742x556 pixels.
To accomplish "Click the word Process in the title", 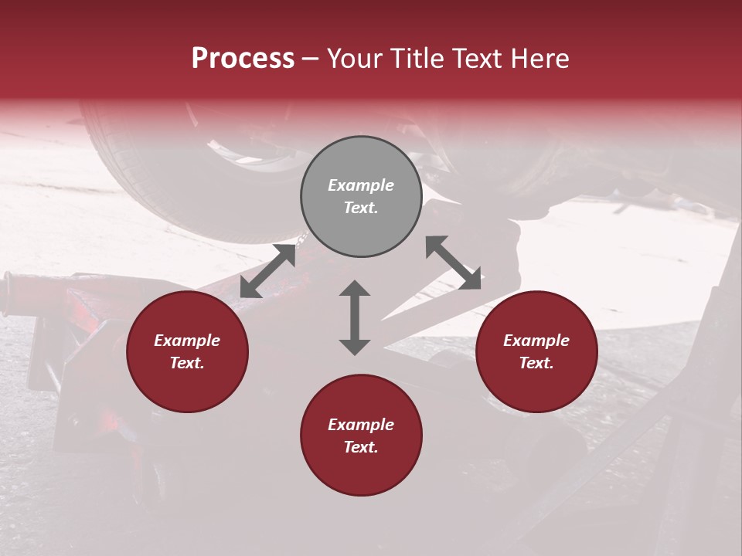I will tap(243, 59).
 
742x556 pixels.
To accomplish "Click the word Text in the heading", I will tap(477, 59).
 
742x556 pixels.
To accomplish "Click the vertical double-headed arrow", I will tap(355, 317).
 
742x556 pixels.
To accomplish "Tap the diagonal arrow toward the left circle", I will tap(268, 271).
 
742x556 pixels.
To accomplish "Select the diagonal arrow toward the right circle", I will tap(453, 263).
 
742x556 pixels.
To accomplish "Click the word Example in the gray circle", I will tap(361, 185).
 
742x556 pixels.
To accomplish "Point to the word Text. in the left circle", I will tap(187, 363).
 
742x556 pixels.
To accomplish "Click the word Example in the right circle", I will tap(536, 341).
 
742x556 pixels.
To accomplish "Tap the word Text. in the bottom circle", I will tap(361, 447).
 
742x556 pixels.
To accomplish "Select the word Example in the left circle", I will tap(187, 341).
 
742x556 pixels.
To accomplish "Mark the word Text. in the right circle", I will tap(536, 363).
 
